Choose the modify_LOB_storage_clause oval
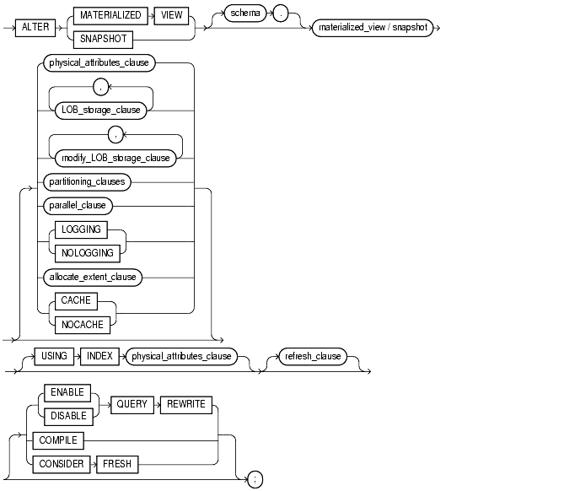click(115, 157)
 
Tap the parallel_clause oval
click(77, 205)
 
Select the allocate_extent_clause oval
click(91, 276)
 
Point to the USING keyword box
click(53, 356)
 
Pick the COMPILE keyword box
click(57, 440)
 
